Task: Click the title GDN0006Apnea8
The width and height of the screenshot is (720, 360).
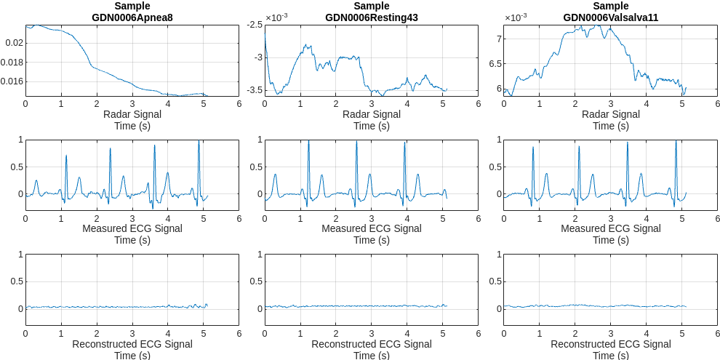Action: coord(132,17)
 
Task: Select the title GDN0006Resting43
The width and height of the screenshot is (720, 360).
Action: coord(371,17)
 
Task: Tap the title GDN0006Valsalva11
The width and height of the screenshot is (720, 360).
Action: coord(610,17)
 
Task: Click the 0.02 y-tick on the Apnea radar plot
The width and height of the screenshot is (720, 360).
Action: coord(15,43)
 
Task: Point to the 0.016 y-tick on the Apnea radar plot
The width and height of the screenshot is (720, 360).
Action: coord(12,81)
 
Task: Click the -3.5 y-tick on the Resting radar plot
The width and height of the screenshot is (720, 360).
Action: coord(254,90)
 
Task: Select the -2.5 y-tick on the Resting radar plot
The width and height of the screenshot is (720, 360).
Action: coord(254,25)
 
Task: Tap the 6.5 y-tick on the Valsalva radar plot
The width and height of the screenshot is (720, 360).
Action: coord(494,64)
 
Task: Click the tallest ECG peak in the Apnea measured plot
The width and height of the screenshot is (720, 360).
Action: coord(199,143)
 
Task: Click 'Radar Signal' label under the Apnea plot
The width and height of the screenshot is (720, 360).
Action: coord(132,114)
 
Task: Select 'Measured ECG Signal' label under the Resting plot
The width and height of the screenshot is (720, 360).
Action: coord(371,228)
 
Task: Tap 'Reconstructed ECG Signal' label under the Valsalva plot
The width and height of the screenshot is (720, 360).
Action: coord(610,344)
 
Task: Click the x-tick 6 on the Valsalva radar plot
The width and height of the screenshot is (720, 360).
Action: coord(717,103)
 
